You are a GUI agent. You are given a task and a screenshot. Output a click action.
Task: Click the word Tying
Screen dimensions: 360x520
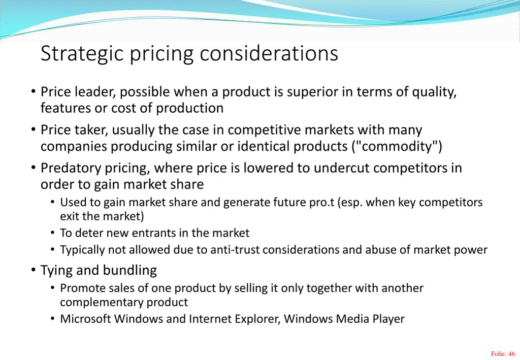pyautogui.click(x=56, y=271)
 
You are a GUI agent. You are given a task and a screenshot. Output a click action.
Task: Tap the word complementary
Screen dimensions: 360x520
pyautogui.click(x=102, y=302)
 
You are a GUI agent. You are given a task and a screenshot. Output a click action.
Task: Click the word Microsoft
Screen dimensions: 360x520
pyautogui.click(x=85, y=319)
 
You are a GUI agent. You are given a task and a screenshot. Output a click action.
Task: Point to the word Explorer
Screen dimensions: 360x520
pyautogui.click(x=256, y=319)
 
